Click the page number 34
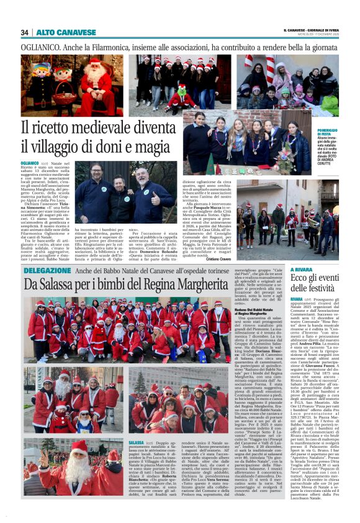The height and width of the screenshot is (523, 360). coord(25,32)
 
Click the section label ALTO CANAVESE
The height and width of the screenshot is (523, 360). coord(58,32)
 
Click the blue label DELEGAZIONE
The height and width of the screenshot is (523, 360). coord(47,271)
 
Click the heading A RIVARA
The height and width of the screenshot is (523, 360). coord(302,270)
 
